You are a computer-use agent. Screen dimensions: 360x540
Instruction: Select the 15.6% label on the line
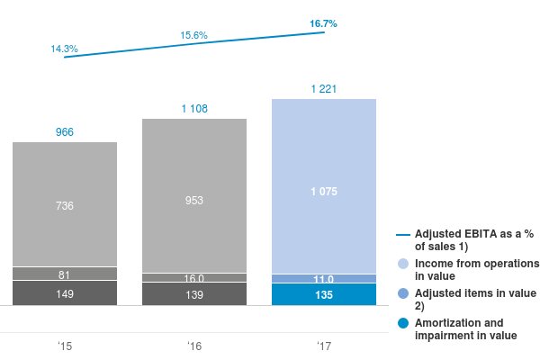(x=194, y=36)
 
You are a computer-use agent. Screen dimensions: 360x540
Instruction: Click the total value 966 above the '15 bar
(x=65, y=132)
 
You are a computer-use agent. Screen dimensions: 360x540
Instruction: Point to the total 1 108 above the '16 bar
(x=194, y=108)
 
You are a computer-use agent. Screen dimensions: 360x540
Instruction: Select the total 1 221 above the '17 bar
(x=324, y=88)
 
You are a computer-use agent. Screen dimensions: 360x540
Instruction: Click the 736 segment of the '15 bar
(x=65, y=206)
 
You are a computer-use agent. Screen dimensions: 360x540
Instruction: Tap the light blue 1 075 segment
(x=324, y=191)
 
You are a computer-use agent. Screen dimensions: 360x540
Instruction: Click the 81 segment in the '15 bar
(x=65, y=274)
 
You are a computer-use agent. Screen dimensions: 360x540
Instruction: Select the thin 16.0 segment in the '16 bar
(x=194, y=278)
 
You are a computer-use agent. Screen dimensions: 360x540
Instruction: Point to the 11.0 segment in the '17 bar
(x=324, y=279)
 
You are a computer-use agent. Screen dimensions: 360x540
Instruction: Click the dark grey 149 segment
(x=65, y=293)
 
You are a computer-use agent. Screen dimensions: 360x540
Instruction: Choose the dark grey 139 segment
(x=194, y=294)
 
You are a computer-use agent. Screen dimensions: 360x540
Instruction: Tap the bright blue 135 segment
(x=324, y=294)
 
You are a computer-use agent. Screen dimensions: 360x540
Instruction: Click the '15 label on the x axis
(x=65, y=346)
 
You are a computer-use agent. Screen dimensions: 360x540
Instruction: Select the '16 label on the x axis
(x=194, y=346)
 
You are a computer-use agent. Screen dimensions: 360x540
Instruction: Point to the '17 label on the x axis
(x=324, y=346)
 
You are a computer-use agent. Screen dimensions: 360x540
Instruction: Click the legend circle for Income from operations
(x=402, y=264)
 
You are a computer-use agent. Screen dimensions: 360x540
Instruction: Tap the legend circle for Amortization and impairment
(x=402, y=323)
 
